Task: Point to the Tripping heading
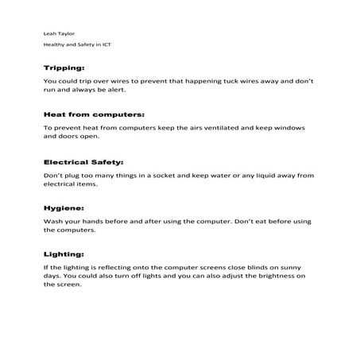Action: pyautogui.click(x=64, y=68)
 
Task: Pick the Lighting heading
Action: pyautogui.click(x=64, y=254)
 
